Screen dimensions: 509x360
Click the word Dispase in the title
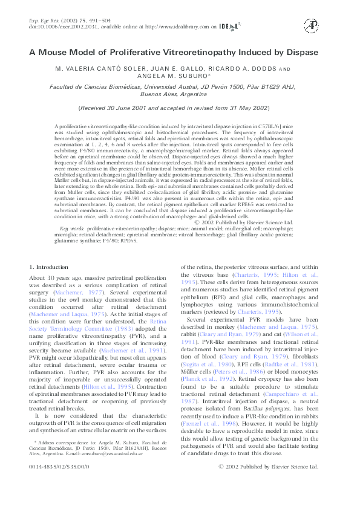tap(301, 52)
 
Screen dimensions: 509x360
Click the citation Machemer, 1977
tap(73, 293)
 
